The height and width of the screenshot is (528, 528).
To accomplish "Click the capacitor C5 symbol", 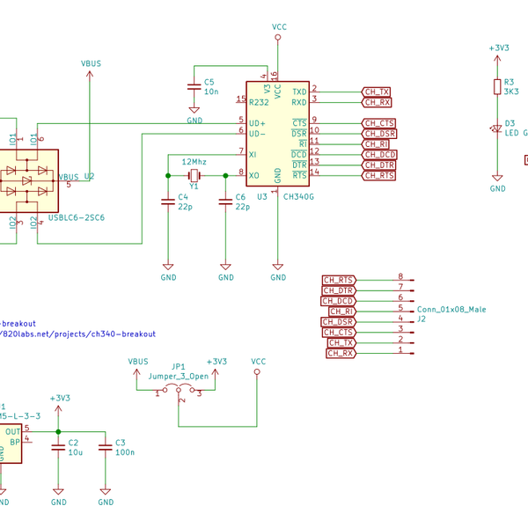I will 194,87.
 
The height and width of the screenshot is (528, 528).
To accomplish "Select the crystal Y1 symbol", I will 194,175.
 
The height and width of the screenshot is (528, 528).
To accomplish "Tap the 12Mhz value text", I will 194,163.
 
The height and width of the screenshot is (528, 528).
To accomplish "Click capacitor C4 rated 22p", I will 168,202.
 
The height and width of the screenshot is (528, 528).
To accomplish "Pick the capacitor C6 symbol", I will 225,202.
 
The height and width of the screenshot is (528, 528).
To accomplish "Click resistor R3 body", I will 497,86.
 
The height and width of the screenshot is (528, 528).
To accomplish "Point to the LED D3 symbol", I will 497,128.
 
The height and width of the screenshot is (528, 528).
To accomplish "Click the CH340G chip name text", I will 299,197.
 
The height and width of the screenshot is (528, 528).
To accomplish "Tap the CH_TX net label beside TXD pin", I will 378,92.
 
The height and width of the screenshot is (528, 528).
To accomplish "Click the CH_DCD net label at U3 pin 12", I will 379,155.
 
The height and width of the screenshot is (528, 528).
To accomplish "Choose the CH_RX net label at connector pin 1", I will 341,353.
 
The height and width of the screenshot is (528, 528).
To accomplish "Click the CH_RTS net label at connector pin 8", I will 339,280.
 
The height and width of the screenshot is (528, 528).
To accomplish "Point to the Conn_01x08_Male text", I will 451,310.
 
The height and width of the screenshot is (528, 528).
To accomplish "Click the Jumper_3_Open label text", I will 179,376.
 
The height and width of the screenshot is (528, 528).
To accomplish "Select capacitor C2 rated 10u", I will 58,447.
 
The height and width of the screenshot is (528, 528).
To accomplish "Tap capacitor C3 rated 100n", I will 106,447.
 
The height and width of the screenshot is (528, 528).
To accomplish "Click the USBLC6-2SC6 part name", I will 76,217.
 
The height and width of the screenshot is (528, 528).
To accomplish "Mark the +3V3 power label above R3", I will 498,48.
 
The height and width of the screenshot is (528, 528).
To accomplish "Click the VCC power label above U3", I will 279,28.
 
